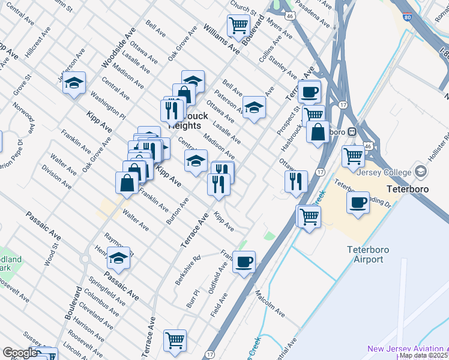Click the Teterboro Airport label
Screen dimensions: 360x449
tap(364, 254)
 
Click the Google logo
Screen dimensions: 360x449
tap(19, 353)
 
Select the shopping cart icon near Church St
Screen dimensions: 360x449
tap(238, 26)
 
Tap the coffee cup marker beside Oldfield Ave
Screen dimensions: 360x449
tap(244, 262)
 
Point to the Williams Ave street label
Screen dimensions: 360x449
tap(221, 40)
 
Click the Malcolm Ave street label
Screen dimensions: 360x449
tap(270, 302)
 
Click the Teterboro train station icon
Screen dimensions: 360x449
tap(354, 131)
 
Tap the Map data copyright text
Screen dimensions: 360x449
tap(424, 356)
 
